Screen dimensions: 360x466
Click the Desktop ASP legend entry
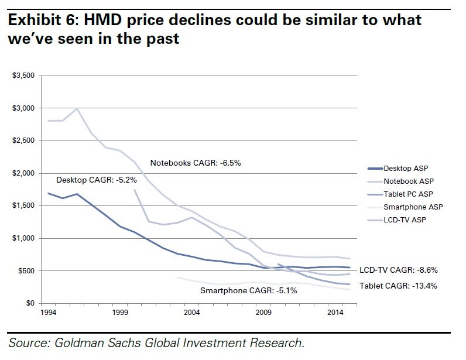[403, 168]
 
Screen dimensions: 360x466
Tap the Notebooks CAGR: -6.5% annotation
[196, 163]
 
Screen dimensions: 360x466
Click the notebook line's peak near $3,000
[77, 109]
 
